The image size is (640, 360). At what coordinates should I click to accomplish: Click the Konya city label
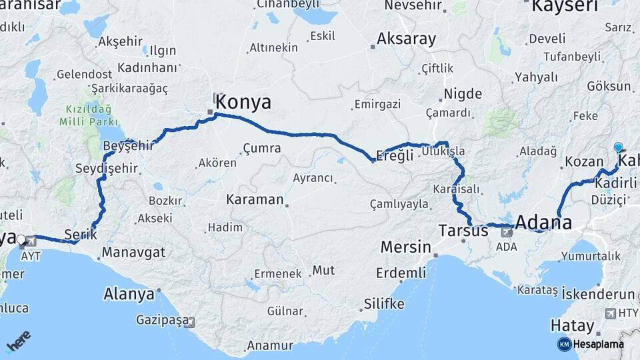click(x=244, y=102)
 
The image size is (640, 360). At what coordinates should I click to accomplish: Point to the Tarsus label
click(x=463, y=231)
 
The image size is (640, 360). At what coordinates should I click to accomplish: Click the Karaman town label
click(x=255, y=199)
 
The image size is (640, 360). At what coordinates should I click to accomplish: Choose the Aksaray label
click(x=406, y=39)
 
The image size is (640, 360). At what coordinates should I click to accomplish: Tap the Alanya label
click(x=129, y=293)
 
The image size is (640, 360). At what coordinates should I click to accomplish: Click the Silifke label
click(x=384, y=304)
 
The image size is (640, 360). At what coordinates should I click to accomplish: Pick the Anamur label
click(x=269, y=345)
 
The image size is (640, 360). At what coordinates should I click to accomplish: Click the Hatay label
click(x=572, y=325)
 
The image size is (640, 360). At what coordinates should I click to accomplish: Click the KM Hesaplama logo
click(x=590, y=344)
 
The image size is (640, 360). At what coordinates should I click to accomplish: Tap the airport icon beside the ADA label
click(x=506, y=231)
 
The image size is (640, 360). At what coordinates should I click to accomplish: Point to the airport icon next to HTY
click(x=611, y=313)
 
